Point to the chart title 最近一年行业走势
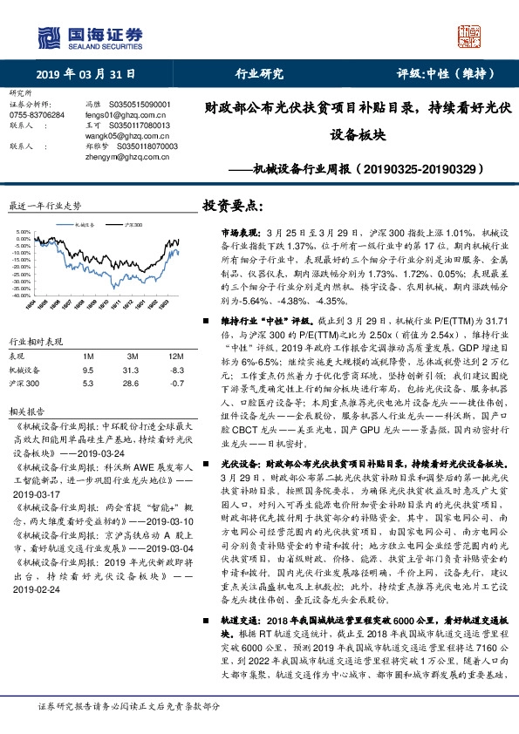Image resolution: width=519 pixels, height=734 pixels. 44,207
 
